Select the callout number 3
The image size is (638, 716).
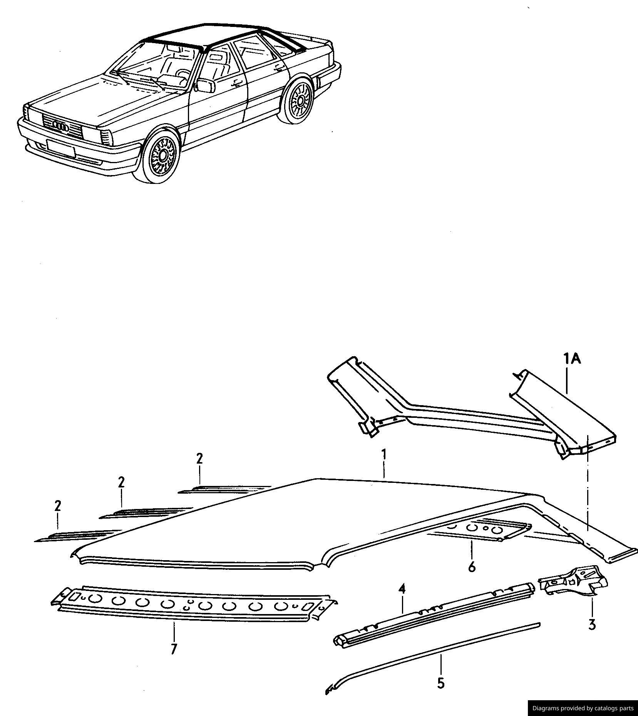pos(592,624)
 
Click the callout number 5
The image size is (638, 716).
pos(441,683)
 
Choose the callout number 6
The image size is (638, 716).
pos(472,567)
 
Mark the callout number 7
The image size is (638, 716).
pos(174,649)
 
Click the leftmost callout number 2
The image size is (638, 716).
pos(58,506)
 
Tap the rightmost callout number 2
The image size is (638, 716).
pos(199,459)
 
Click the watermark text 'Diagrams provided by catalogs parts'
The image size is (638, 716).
pos(582,708)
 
